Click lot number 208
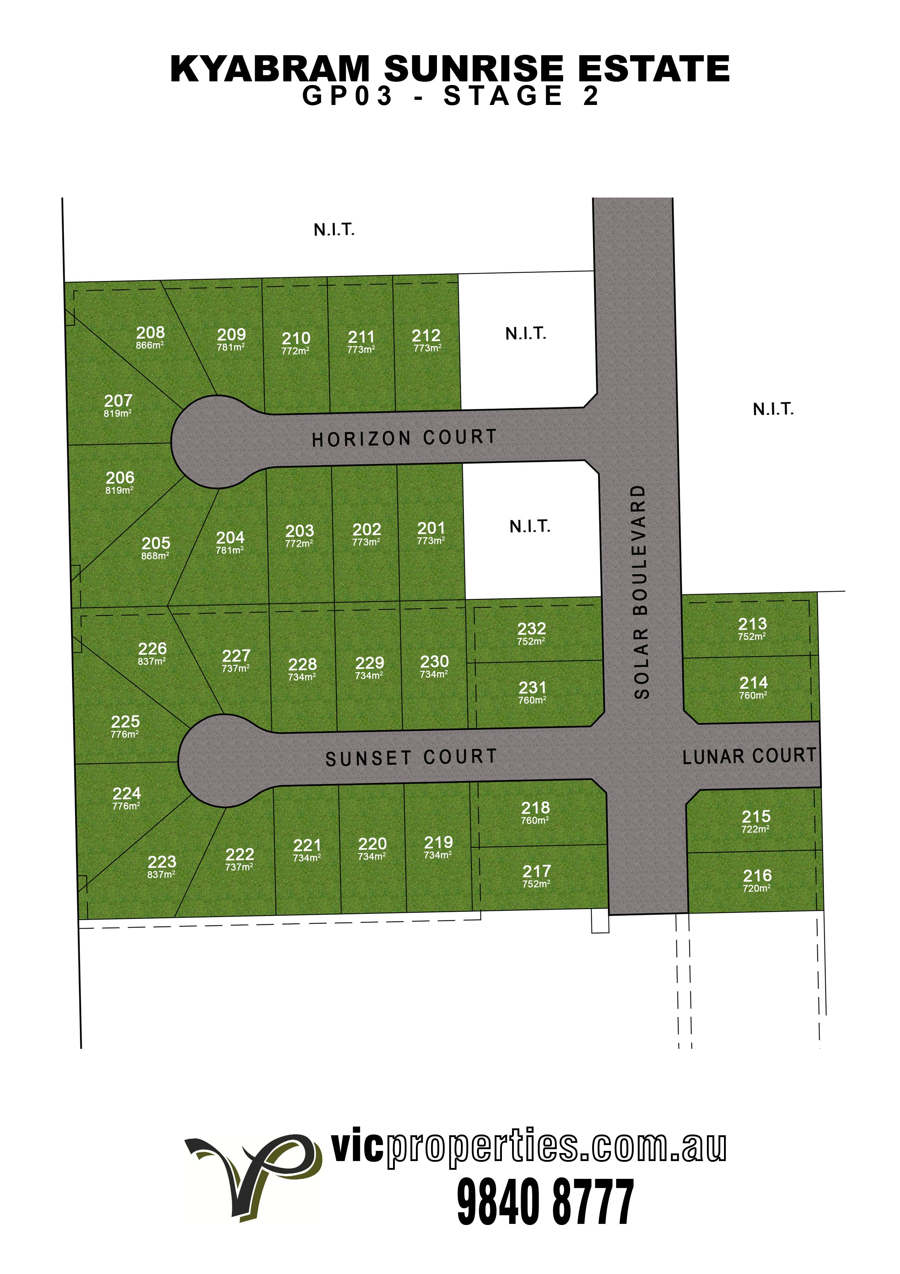click(x=150, y=332)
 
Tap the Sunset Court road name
click(x=411, y=758)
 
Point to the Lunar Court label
click(x=749, y=756)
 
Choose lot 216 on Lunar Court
click(x=757, y=876)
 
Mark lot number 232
click(x=531, y=629)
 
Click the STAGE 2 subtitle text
click(x=522, y=96)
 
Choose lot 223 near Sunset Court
click(x=161, y=862)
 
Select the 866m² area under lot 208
click(x=150, y=345)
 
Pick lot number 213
click(x=753, y=624)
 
